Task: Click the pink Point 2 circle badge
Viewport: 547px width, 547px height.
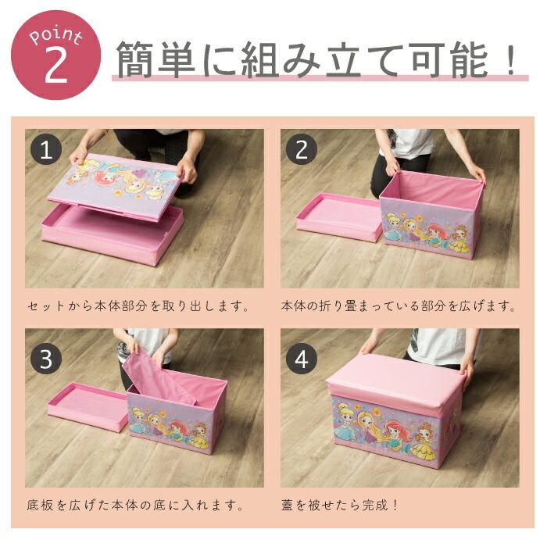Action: [x=55, y=55]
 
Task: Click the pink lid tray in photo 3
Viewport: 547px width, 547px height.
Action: [x=87, y=406]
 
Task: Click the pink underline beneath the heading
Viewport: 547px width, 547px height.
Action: [x=316, y=79]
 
